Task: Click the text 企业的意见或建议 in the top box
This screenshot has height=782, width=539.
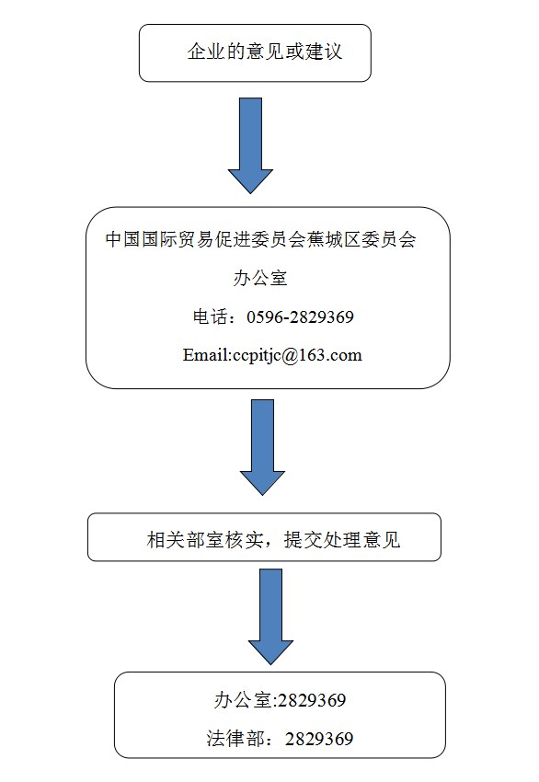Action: point(265,52)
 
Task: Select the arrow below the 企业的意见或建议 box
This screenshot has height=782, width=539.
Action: point(250,145)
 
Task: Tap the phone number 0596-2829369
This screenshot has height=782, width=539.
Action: point(300,317)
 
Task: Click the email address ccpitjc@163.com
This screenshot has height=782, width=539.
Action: point(297,356)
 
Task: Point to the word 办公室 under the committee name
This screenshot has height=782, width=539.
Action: point(260,278)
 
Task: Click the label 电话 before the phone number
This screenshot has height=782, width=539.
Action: point(211,317)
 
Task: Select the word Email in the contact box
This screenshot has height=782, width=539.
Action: point(205,355)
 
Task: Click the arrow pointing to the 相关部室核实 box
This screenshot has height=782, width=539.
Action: point(262,447)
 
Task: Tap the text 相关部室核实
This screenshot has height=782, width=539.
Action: point(204,540)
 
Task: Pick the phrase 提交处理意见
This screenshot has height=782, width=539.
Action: point(342,540)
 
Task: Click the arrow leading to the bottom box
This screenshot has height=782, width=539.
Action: point(270,616)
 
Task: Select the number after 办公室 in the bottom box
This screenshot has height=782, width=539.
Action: point(312,701)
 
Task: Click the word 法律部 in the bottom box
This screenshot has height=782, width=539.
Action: point(234,739)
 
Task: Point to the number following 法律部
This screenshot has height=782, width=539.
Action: point(319,739)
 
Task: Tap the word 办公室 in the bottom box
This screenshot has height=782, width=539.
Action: point(242,700)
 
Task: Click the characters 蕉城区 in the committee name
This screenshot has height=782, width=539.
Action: point(333,240)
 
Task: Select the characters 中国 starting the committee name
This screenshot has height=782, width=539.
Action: point(122,240)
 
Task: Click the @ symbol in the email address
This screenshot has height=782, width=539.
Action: point(290,356)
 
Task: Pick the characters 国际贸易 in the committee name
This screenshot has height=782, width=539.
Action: point(178,240)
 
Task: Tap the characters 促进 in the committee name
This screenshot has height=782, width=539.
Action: point(233,240)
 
